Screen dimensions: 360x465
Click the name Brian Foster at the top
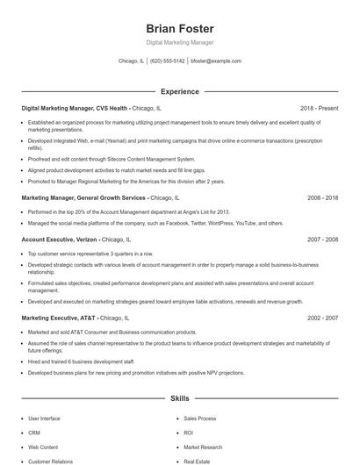(179, 28)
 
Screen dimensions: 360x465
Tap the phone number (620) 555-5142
(167, 61)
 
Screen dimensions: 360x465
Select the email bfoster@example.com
(216, 61)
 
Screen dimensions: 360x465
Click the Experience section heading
(179, 91)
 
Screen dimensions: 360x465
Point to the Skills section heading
(179, 398)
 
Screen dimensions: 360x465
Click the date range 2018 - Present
(319, 108)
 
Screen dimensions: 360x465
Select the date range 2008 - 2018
(322, 198)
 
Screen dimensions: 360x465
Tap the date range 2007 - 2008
(322, 239)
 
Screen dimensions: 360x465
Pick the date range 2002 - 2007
(322, 318)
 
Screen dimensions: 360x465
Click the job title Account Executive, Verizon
(59, 239)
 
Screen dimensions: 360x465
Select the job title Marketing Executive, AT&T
(59, 318)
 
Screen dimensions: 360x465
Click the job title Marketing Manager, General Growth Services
(84, 198)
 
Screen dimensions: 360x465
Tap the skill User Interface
(44, 418)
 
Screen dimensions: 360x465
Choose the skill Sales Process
(200, 418)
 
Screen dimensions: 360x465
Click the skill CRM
(34, 433)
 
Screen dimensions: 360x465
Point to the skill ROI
(189, 433)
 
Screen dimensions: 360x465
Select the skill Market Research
(203, 447)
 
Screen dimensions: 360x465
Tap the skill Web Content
(42, 447)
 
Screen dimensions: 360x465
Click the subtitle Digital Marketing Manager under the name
(179, 42)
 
